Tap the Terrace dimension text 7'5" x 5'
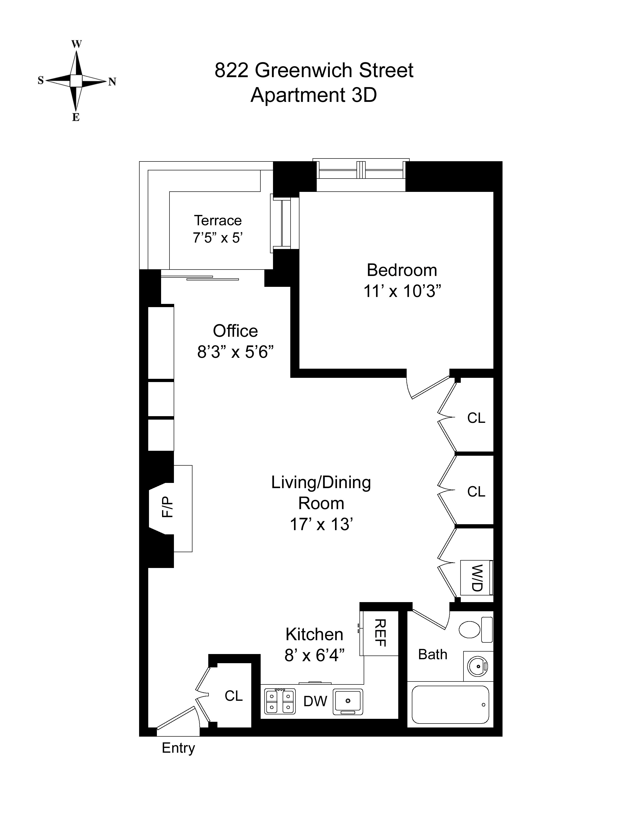[x=218, y=238]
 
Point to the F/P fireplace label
[x=168, y=507]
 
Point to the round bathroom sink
[x=478, y=665]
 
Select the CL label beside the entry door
[x=234, y=696]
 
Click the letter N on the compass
[x=112, y=82]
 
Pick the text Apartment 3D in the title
[x=314, y=95]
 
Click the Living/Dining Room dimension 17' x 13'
[x=321, y=524]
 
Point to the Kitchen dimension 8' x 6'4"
[x=314, y=655]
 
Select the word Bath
[x=433, y=655]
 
